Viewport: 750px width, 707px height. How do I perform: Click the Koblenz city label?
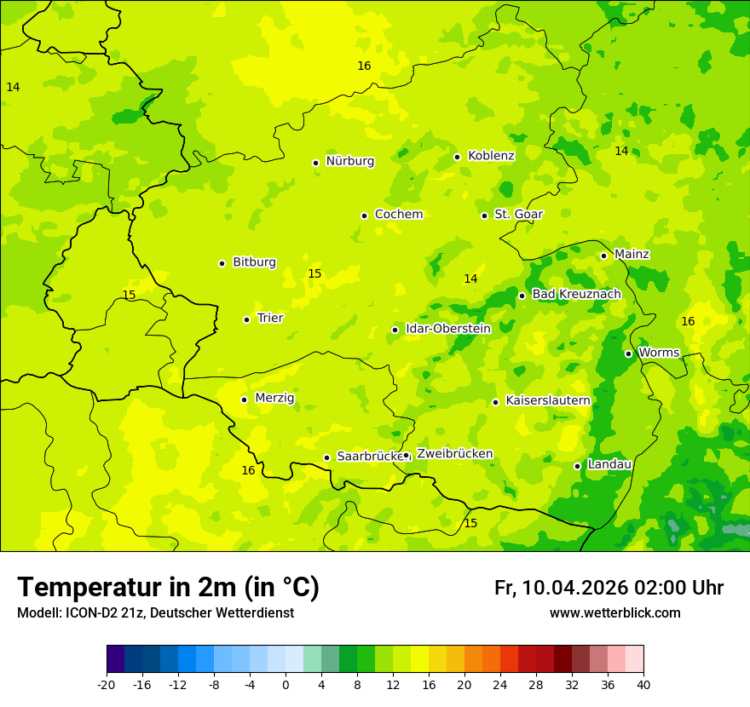point(491,156)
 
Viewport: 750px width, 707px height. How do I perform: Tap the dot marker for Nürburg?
point(315,163)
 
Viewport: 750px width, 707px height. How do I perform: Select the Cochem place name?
point(398,215)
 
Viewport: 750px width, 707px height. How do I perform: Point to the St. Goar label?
point(518,215)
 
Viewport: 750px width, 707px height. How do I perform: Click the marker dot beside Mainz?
point(603,256)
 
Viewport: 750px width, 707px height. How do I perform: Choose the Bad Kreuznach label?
point(576,295)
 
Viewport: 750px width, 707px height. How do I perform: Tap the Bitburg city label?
point(254,262)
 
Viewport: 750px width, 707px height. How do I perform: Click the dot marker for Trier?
point(246,319)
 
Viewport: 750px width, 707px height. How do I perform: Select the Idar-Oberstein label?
point(447,329)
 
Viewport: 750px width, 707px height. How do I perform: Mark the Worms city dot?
point(628,353)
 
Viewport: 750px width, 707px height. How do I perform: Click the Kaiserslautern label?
point(548,401)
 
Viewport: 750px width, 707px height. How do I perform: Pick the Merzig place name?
point(274,399)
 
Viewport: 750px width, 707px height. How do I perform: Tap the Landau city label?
point(609,465)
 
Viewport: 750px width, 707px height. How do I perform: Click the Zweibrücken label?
point(454,454)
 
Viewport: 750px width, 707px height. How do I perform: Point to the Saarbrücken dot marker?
point(326,457)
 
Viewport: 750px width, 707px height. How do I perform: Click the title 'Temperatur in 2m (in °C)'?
point(168,587)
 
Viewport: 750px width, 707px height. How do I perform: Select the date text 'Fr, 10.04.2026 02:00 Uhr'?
point(609,588)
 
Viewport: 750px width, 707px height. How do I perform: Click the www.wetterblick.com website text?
point(614,613)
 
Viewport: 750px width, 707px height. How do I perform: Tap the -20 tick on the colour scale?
point(107,685)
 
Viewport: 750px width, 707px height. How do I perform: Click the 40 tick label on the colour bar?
point(643,685)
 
